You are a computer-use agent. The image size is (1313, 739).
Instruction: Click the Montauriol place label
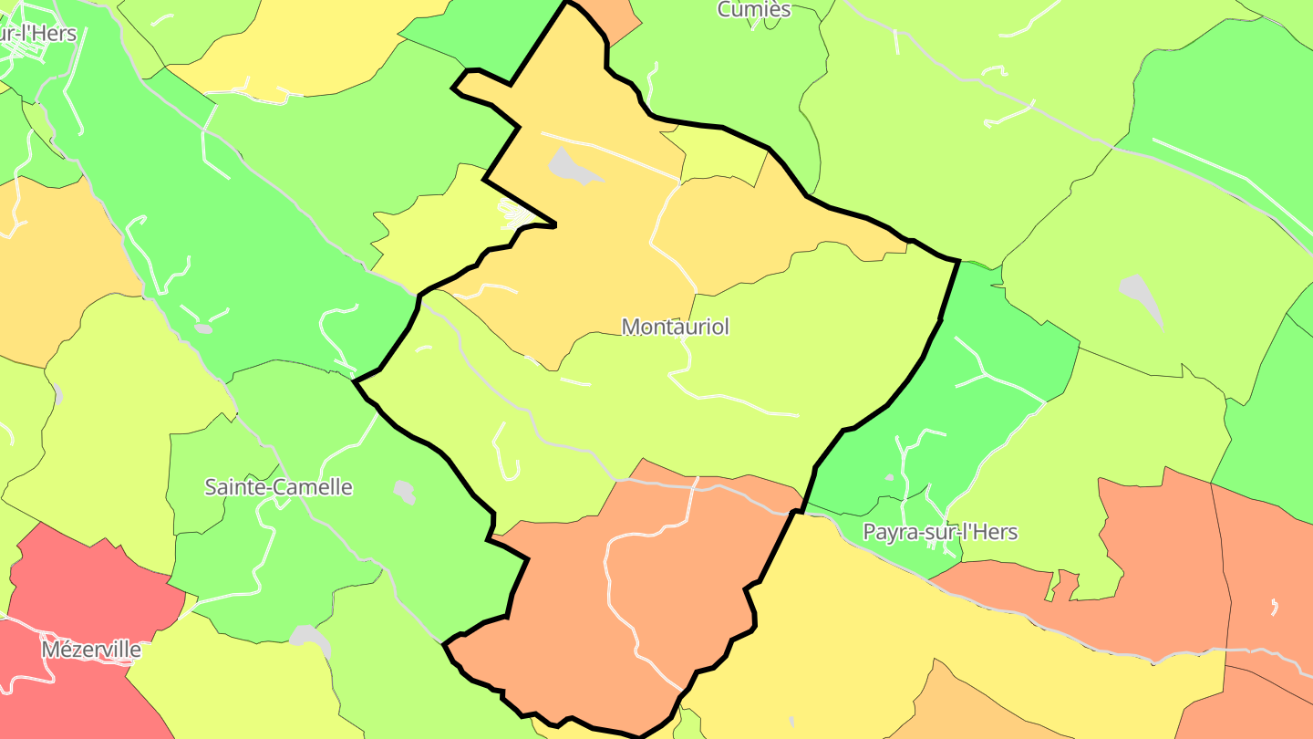tap(675, 327)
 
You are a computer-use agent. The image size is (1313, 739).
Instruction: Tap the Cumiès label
tap(753, 10)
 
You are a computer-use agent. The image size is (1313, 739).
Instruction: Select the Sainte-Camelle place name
tap(278, 487)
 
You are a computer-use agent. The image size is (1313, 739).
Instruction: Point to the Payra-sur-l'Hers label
tap(940, 532)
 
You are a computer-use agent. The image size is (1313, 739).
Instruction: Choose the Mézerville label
tap(91, 650)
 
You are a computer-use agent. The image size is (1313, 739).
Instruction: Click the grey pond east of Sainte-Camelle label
tap(404, 492)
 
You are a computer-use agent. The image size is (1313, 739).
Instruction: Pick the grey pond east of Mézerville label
tap(308, 636)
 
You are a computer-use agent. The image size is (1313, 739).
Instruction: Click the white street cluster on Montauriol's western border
tap(513, 215)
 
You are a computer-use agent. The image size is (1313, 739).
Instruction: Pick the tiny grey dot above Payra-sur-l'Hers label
tap(890, 477)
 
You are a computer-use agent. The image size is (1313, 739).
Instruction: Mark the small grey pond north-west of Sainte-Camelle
tap(203, 328)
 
